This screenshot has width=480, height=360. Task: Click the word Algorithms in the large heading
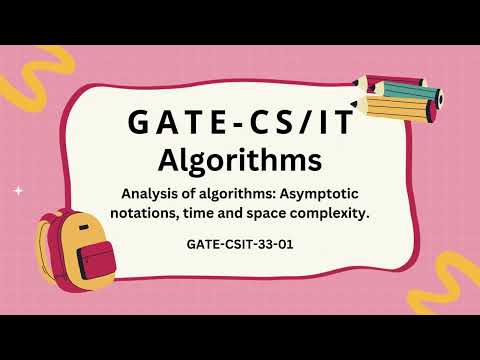pyautogui.click(x=239, y=159)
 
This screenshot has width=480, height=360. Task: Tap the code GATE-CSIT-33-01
pyautogui.click(x=239, y=243)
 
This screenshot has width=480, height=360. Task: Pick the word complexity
pyautogui.click(x=321, y=212)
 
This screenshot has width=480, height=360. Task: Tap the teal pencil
pyautogui.click(x=404, y=93)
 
